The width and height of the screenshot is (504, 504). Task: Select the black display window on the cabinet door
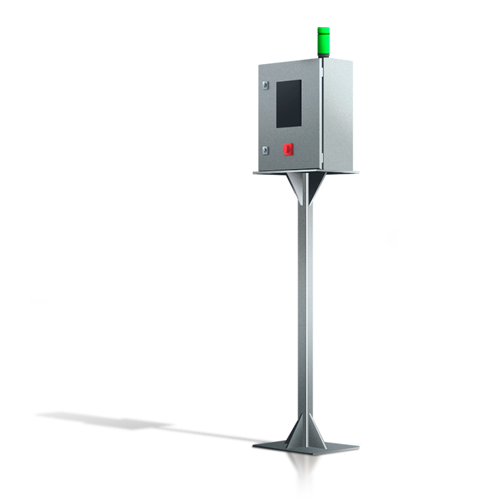pyautogui.click(x=288, y=103)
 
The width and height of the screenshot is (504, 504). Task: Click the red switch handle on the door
pyautogui.click(x=287, y=148)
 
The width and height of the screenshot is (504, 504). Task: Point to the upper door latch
pyautogui.click(x=264, y=84)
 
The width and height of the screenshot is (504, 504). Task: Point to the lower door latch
pyautogui.click(x=264, y=149)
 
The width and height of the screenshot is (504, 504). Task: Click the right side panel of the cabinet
pyautogui.click(x=338, y=112)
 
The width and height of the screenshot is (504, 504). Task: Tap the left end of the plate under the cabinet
pyautogui.click(x=257, y=172)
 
